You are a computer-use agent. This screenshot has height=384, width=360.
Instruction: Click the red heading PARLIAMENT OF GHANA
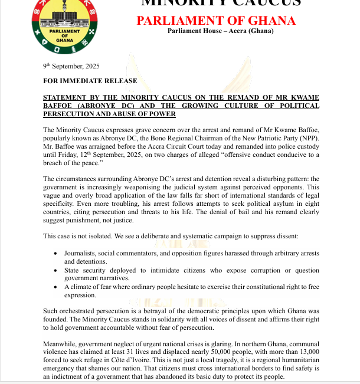pos(216,21)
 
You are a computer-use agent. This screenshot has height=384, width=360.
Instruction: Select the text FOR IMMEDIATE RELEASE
pos(90,81)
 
